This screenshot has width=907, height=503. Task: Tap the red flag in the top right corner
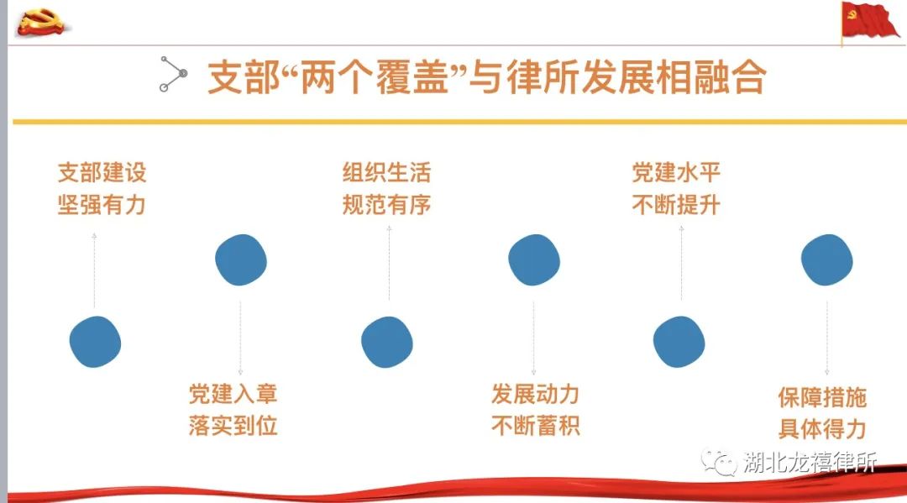pos(871,21)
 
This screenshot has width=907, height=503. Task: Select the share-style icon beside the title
pos(173,74)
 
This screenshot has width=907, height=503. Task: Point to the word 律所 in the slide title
pos(543,77)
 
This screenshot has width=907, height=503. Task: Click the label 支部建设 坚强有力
pos(102,188)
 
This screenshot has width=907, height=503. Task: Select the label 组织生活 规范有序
pos(386,188)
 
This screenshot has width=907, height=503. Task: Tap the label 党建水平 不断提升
pos(676,188)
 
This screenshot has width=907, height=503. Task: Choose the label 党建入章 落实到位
pos(233,410)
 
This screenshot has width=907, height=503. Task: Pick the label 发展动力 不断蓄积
pos(535,410)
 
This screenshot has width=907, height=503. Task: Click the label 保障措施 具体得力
pos(822,413)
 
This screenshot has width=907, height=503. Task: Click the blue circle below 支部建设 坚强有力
pos(95,342)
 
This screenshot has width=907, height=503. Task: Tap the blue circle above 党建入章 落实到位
pos(241,259)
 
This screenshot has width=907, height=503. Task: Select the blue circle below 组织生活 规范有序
pos(387,342)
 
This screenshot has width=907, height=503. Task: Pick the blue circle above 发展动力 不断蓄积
pos(534,259)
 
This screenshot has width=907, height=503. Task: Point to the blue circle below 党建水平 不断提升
pos(679,342)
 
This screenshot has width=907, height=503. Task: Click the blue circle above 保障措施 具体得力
pos(826,259)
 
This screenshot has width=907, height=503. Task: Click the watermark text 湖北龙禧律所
pos(810,463)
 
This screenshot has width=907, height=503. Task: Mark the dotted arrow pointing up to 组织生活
pos(390,263)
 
